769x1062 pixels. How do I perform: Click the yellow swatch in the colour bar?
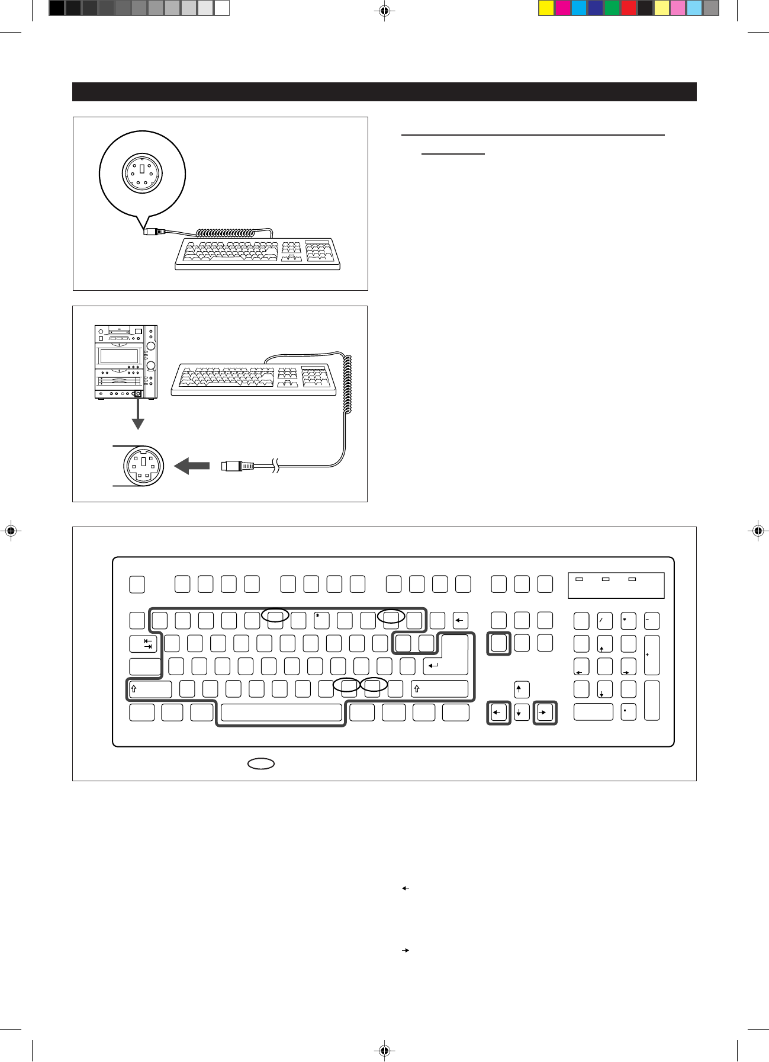[546, 8]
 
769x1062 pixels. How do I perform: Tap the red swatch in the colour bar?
[628, 8]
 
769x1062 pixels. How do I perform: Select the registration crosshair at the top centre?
[384, 10]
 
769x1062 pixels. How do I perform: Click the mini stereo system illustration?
[126, 361]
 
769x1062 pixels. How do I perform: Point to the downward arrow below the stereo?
[138, 415]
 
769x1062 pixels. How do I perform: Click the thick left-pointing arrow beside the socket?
[191, 466]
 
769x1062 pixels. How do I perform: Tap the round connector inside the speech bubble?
[142, 173]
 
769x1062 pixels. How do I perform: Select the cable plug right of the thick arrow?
[237, 466]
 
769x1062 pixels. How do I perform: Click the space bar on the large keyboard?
[281, 713]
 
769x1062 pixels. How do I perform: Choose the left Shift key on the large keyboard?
[150, 689]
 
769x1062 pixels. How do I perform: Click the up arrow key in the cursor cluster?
[522, 689]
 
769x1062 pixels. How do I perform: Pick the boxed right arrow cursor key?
[545, 713]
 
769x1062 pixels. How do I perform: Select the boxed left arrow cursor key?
[498, 713]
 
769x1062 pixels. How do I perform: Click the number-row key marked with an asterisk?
[321, 620]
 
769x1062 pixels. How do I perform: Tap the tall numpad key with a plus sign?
[651, 655]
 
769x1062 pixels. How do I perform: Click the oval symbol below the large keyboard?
[261, 763]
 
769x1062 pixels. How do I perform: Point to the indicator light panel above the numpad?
[616, 585]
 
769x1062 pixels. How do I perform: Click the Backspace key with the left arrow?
[460, 621]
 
